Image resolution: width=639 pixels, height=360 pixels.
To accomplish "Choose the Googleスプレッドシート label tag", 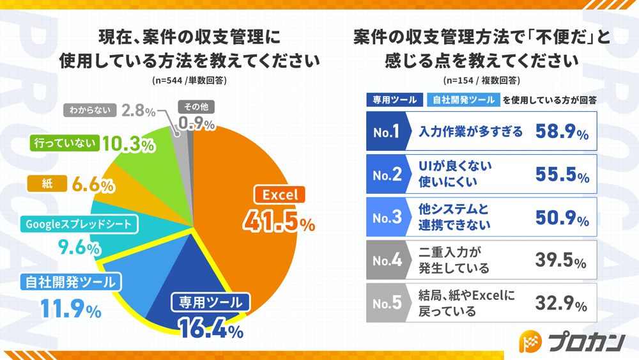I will (79, 224).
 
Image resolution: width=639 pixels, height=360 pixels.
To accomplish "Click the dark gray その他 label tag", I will (196, 107).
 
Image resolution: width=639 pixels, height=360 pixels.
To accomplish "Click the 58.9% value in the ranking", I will (562, 132).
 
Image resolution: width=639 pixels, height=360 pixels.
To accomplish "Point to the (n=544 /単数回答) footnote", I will (189, 81).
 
